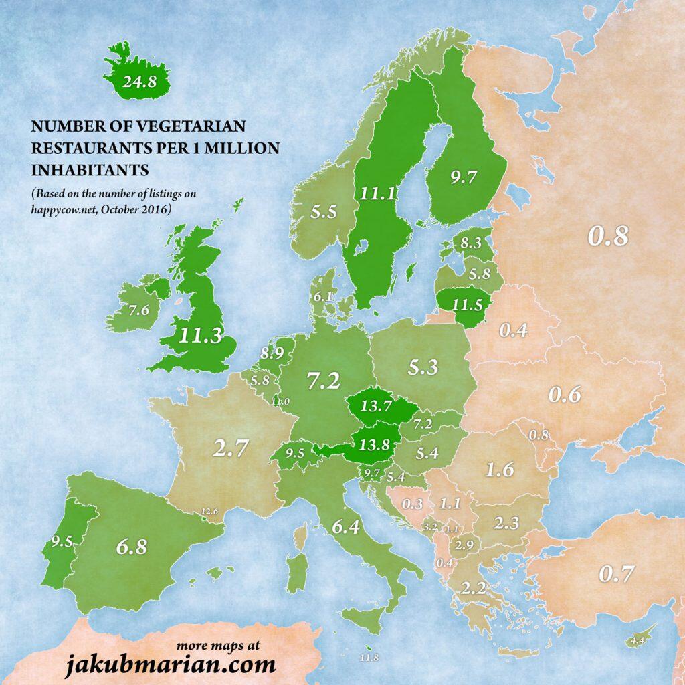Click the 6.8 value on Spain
click(131, 546)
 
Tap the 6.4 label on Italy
click(346, 527)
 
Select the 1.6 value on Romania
click(499, 470)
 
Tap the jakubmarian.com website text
click(170, 665)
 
